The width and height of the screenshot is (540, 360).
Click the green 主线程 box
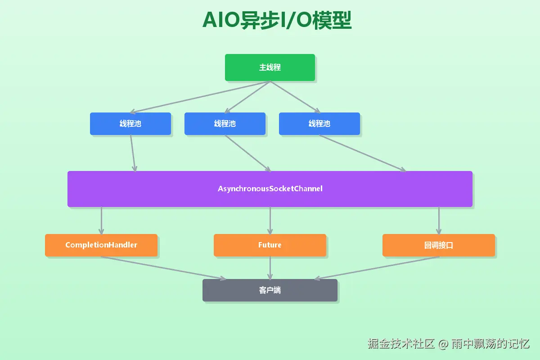[x=270, y=67]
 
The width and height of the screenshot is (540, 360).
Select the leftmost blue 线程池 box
[x=130, y=123]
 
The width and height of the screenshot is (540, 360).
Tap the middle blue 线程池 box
[x=225, y=123]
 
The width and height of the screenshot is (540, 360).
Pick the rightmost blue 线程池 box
[x=319, y=123]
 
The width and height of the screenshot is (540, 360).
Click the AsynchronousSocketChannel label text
[x=270, y=189]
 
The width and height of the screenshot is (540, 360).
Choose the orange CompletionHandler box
[x=101, y=245]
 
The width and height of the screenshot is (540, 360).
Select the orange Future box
[x=270, y=245]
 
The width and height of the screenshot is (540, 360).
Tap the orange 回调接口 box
[x=439, y=245]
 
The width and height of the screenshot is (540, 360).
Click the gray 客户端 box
[x=270, y=290]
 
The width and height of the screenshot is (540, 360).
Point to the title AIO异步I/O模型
[x=277, y=20]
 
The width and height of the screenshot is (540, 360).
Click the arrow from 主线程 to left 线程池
[x=200, y=97]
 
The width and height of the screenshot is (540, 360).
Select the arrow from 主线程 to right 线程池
[x=295, y=97]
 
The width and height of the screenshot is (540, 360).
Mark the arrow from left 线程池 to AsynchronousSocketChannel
[x=133, y=153]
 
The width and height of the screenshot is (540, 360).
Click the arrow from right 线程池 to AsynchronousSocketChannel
[x=363, y=153]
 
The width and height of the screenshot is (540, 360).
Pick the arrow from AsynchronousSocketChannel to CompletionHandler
[x=101, y=220]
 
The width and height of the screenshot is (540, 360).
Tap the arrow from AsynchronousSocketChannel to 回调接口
[x=439, y=220]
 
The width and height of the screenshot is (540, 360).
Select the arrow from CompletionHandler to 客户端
[x=164, y=268]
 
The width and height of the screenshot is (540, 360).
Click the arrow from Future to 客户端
[x=270, y=268]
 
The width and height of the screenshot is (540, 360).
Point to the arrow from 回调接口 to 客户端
[x=377, y=268]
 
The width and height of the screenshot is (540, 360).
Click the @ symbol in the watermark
[x=443, y=344]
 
